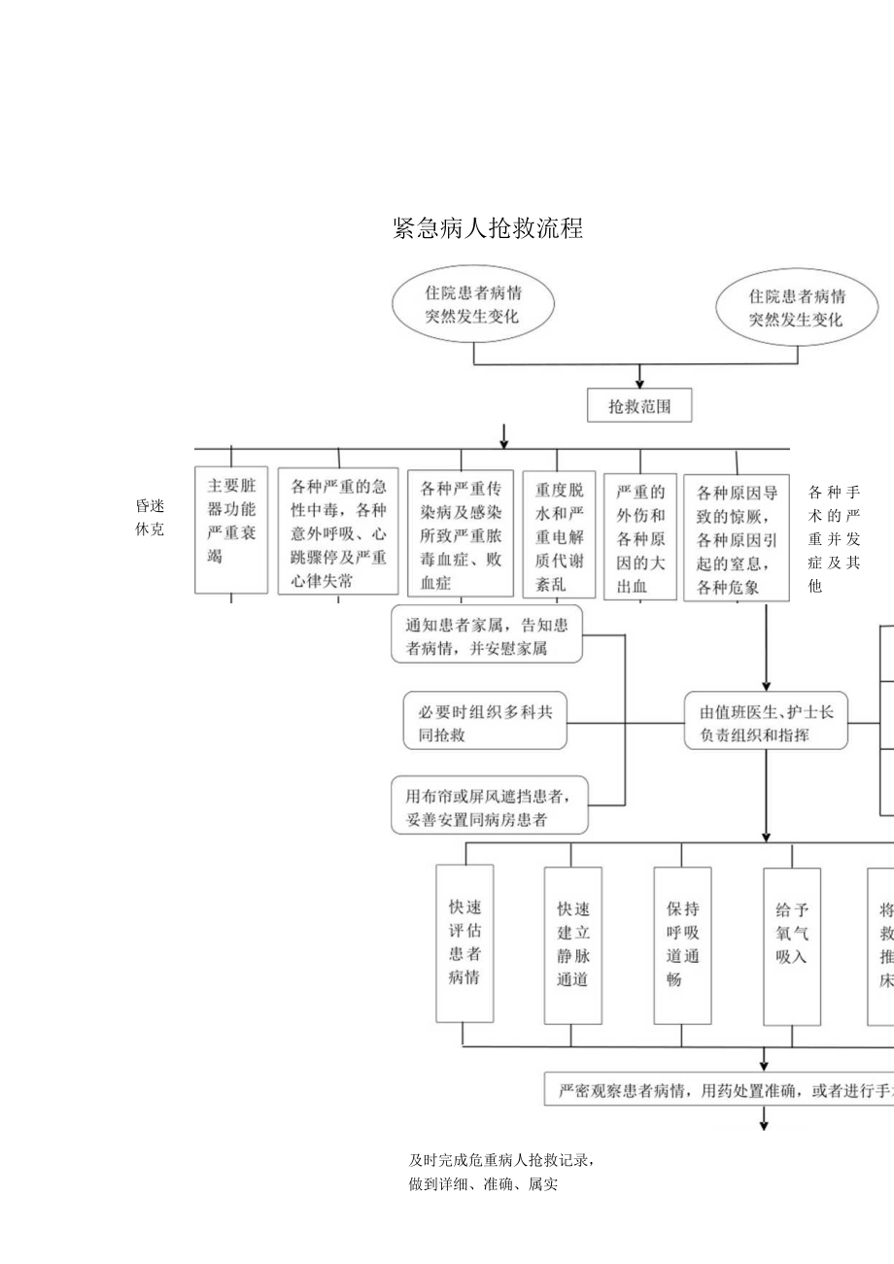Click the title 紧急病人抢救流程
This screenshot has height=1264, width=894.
(x=488, y=228)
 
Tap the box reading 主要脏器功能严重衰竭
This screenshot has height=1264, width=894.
(x=231, y=531)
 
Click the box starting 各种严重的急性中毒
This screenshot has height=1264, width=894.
(x=338, y=532)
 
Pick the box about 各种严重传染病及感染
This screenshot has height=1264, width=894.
(x=461, y=533)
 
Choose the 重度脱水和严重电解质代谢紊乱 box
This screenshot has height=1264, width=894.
(x=559, y=534)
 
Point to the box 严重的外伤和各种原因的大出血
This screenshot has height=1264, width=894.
(x=640, y=536)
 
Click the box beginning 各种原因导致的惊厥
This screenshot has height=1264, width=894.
(x=737, y=537)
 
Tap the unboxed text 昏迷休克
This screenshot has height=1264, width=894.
(x=151, y=518)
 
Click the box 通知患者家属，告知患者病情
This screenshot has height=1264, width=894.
(x=487, y=636)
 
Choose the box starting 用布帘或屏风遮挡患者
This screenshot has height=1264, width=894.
(x=490, y=806)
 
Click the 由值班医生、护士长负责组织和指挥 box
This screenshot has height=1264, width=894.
(x=766, y=723)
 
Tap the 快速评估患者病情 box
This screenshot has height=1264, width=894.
(x=464, y=942)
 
